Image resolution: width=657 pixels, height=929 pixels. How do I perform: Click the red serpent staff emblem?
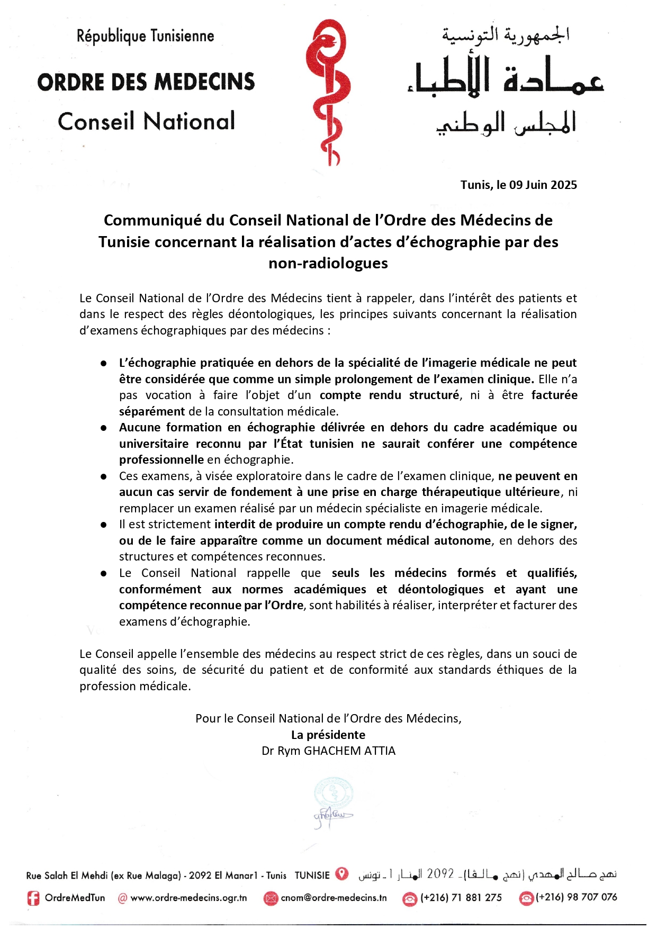pyautogui.click(x=328, y=93)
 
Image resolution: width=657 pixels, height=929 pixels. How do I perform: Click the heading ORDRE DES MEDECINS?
pyautogui.click(x=146, y=82)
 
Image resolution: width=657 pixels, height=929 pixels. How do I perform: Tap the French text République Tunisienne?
pyautogui.click(x=146, y=36)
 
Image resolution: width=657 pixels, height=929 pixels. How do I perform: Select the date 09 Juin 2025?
pyautogui.click(x=543, y=185)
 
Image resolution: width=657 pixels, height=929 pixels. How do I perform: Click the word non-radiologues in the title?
pyautogui.click(x=328, y=263)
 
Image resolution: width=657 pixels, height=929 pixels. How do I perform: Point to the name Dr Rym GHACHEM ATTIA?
pyautogui.click(x=328, y=751)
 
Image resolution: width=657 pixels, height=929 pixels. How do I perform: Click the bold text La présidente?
pyautogui.click(x=328, y=735)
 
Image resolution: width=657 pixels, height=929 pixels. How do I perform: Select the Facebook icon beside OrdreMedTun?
pyautogui.click(x=33, y=898)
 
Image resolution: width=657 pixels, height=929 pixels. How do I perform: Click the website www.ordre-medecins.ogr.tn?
pyautogui.click(x=188, y=898)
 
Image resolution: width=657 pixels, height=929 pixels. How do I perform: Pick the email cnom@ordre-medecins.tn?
pyautogui.click(x=334, y=898)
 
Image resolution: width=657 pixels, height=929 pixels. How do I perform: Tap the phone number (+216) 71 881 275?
pyautogui.click(x=461, y=898)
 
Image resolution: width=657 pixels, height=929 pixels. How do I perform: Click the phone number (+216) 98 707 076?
pyautogui.click(x=576, y=897)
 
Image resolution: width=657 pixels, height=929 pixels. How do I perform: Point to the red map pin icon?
pyautogui.click(x=343, y=874)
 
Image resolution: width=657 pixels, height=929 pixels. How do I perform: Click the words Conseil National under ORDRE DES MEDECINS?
pyautogui.click(x=146, y=122)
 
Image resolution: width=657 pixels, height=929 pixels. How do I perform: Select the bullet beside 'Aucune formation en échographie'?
pyautogui.click(x=104, y=428)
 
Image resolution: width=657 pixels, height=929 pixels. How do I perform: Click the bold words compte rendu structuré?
pyautogui.click(x=389, y=395)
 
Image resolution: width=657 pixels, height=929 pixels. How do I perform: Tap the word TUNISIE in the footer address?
pyautogui.click(x=312, y=876)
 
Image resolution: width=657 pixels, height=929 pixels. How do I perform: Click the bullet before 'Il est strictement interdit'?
pyautogui.click(x=104, y=525)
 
